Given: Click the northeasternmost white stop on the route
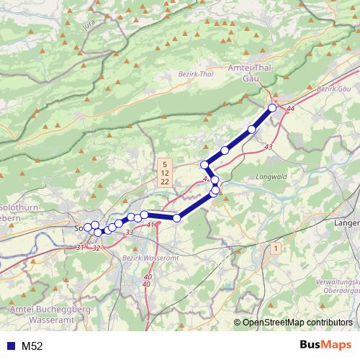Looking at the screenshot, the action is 272,108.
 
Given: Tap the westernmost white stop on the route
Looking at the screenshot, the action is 88,228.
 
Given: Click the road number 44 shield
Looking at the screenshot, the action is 290,109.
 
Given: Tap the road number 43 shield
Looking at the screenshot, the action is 269,147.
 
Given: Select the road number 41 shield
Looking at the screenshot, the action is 150,225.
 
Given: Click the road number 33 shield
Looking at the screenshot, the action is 130,233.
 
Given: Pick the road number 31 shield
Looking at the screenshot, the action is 79,248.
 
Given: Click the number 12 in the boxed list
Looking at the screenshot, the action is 165,174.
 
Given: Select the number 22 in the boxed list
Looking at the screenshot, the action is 165,182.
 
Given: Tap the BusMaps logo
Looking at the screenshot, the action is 325,345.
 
